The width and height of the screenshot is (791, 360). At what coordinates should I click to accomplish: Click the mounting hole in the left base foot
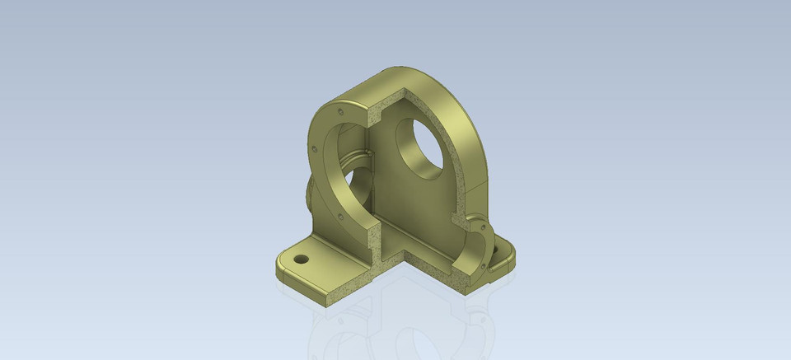click(302, 259)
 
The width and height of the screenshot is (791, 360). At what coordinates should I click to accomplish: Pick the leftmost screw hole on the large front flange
click(315, 149)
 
